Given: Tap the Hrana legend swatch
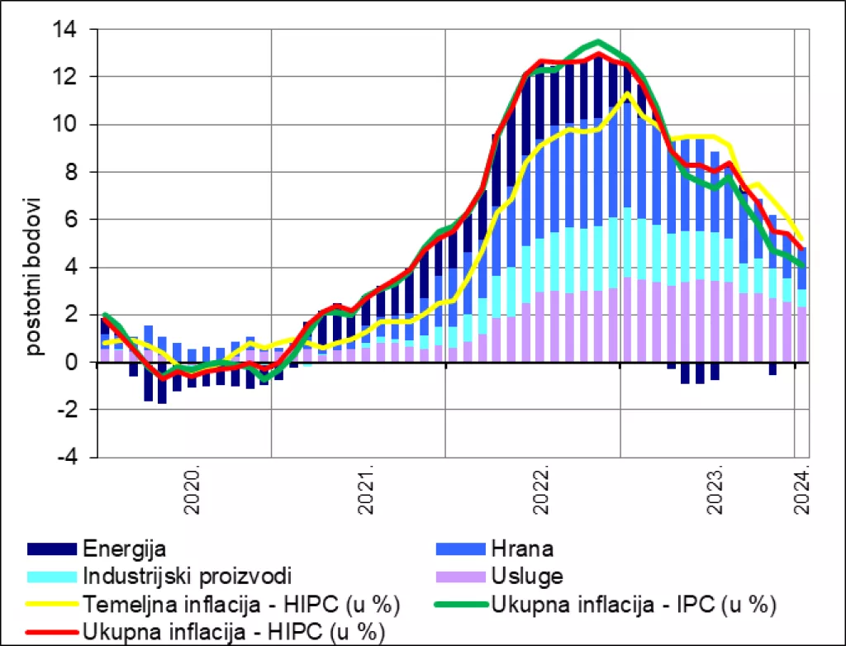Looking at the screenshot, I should [460, 549].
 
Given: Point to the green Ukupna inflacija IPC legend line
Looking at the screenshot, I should [460, 606].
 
